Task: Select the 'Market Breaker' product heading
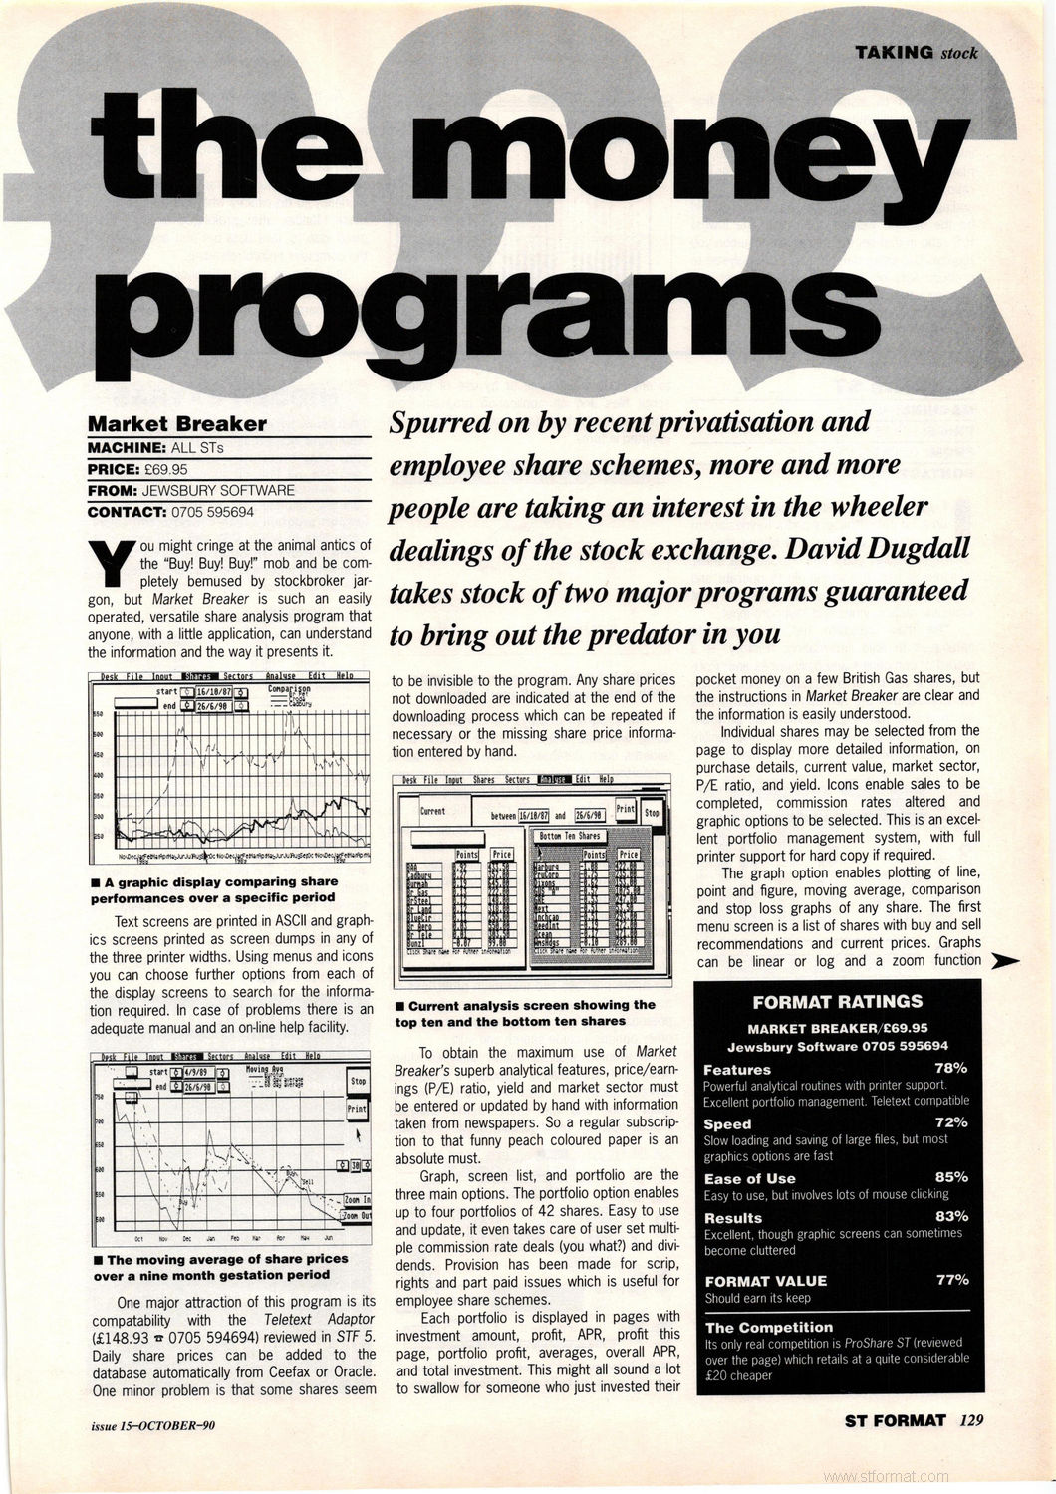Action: pos(177,423)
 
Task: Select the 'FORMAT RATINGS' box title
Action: pos(838,1001)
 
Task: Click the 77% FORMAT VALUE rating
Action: pos(951,1280)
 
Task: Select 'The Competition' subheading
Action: pos(768,1327)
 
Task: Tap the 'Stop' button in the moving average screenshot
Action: pos(358,1081)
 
